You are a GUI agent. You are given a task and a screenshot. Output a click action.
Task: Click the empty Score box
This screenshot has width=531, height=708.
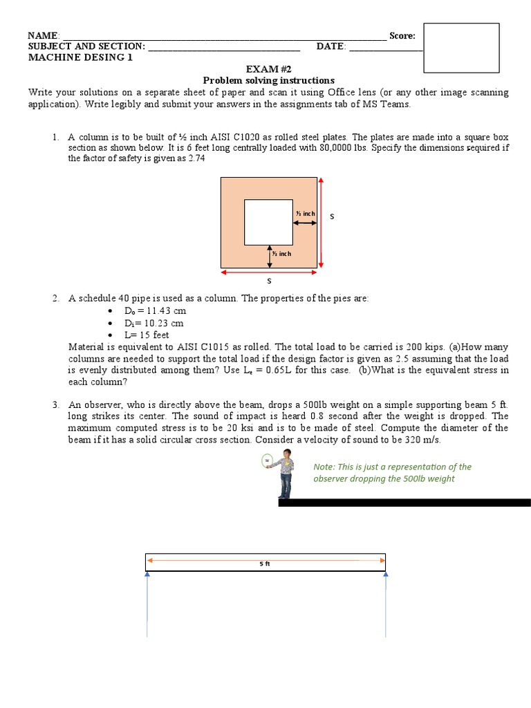point(460,48)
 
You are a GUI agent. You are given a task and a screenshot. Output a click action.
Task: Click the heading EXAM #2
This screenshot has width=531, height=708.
point(268,70)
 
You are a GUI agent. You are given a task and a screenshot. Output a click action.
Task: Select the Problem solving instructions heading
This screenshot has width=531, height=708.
point(268,81)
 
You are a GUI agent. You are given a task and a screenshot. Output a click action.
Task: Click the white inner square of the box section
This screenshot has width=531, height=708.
point(268,221)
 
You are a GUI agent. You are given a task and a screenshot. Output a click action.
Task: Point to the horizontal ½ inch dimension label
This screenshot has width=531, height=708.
point(305,214)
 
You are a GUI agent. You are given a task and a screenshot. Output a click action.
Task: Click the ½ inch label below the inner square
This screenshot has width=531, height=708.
point(281,254)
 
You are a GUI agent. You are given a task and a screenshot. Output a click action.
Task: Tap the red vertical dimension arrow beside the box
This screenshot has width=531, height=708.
point(322,223)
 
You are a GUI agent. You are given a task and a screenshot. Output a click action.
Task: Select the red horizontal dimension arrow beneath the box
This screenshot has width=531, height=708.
point(268,272)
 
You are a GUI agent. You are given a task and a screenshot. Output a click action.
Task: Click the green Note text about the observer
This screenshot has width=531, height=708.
point(392,473)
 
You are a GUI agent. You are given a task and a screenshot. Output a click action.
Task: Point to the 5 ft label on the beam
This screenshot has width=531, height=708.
point(265,563)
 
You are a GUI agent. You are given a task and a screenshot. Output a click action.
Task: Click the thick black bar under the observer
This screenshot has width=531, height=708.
point(404,503)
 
